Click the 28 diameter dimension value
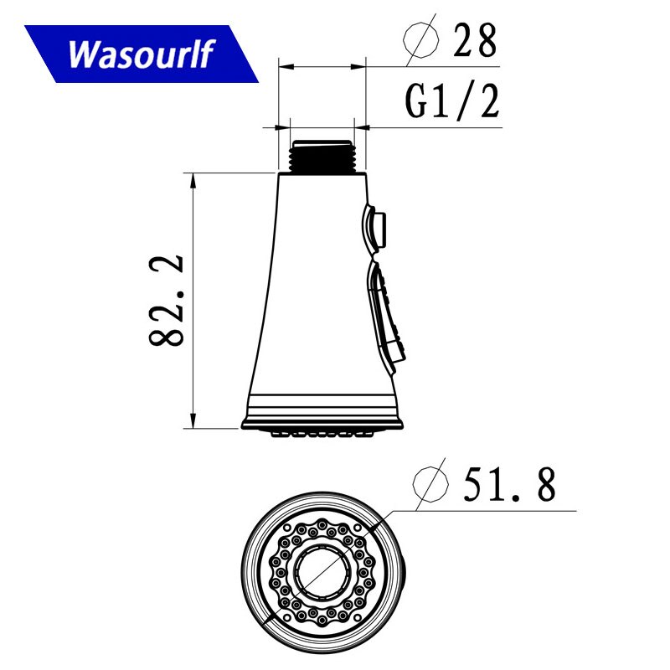pyautogui.click(x=475, y=39)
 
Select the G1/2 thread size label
pyautogui.click(x=452, y=102)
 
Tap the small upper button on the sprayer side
pyautogui.click(x=377, y=228)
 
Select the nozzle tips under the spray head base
pyautogui.click(x=322, y=433)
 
